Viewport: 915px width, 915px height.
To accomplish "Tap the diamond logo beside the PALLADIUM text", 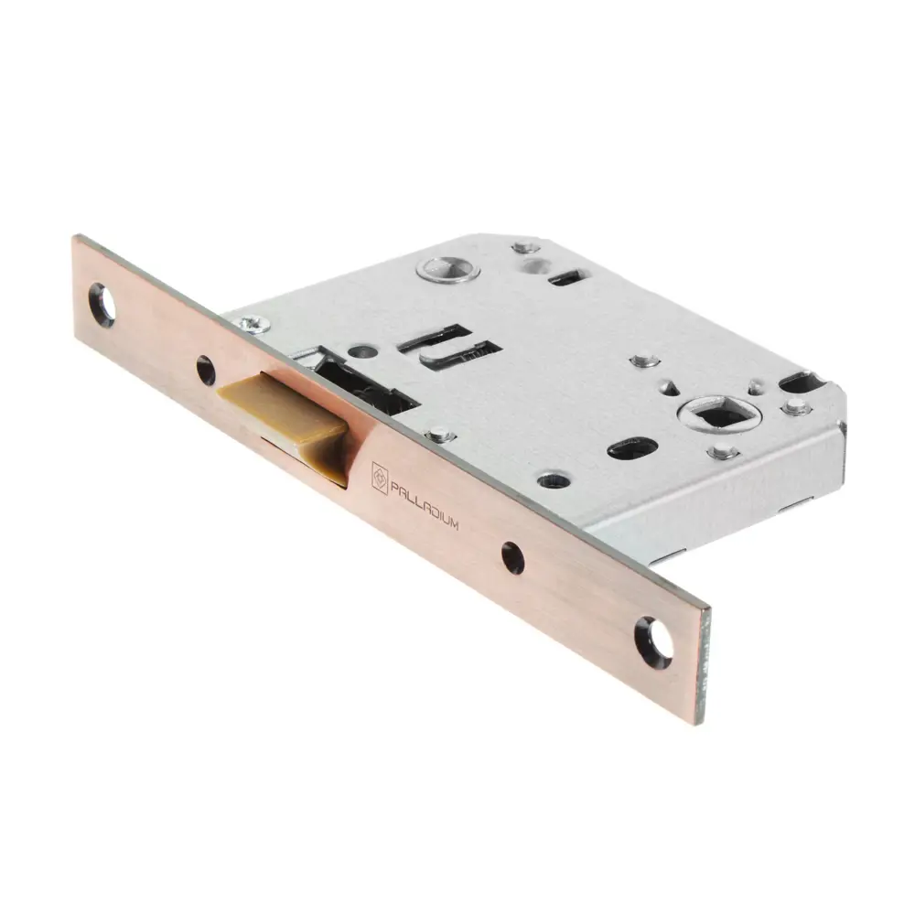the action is (x=380, y=478).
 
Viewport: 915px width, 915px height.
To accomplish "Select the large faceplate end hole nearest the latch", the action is (x=102, y=305).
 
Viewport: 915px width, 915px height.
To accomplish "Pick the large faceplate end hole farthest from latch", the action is (x=653, y=642).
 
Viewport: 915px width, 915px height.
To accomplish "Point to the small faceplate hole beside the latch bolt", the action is (x=205, y=371).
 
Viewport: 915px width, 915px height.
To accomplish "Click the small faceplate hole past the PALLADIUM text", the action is (x=513, y=558).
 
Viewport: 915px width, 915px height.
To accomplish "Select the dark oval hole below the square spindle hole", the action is (x=632, y=448).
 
